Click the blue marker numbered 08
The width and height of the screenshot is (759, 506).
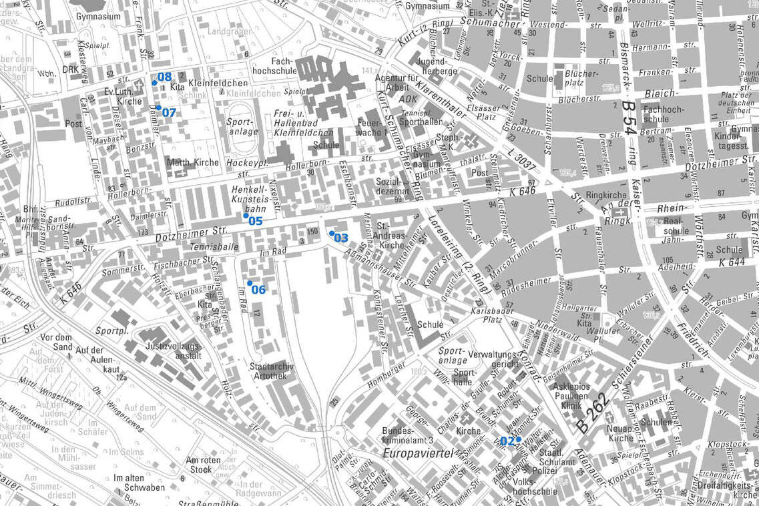pos(154,82)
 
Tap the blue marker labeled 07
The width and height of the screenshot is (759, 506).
pos(159,107)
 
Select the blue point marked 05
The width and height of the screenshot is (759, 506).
pos(246,216)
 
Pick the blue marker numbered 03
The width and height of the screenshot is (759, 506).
pos(332,233)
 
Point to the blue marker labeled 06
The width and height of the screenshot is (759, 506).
pos(250,283)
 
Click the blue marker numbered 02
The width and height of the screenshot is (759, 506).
pos(518,439)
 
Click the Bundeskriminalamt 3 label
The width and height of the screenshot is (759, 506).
pos(408,435)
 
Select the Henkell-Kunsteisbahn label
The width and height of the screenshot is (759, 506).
pos(251,199)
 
